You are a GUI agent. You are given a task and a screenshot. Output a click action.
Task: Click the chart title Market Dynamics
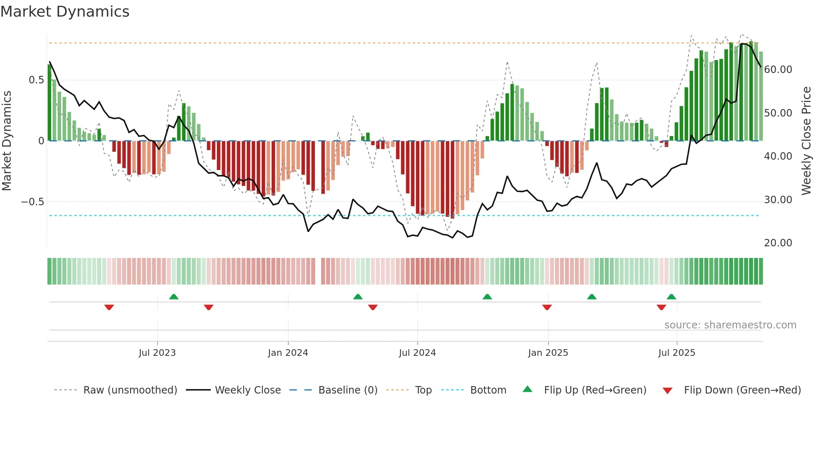point(65,12)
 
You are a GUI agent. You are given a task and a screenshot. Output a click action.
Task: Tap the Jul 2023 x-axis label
point(157,353)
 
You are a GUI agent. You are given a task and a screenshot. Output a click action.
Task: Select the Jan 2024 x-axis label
point(288,353)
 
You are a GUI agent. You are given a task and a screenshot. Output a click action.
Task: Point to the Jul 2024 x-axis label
point(417,353)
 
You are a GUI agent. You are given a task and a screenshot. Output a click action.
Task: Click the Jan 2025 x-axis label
point(548,353)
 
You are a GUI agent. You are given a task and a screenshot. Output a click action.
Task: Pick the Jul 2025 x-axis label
point(677,353)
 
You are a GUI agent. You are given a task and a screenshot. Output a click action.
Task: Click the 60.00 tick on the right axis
point(778,70)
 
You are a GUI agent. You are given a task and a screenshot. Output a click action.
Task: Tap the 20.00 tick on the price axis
point(778,243)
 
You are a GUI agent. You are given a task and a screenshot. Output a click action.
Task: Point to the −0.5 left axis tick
point(32,202)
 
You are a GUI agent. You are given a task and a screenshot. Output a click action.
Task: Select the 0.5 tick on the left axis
point(36,80)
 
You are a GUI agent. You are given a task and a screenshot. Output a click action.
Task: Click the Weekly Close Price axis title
point(806,141)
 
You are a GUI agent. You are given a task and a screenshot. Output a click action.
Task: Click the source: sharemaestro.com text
point(730,325)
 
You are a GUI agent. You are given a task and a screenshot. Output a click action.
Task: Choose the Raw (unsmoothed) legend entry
point(130,390)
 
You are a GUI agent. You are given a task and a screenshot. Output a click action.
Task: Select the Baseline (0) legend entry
point(348,390)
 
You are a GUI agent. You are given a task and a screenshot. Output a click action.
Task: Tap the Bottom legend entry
point(488,390)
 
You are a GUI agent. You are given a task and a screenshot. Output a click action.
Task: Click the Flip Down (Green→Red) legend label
point(742,390)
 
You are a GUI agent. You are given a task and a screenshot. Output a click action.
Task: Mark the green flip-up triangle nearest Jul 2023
point(174,297)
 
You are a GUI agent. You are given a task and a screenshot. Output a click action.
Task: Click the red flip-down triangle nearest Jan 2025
point(547,307)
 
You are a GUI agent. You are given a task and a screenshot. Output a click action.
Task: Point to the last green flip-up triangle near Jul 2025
point(671,297)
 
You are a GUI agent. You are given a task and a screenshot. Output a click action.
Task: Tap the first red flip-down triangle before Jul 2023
point(109,307)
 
